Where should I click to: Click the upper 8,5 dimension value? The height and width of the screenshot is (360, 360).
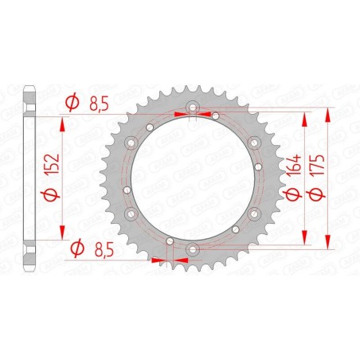click(x=100, y=102)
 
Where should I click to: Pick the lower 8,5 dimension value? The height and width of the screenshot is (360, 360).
click(x=100, y=248)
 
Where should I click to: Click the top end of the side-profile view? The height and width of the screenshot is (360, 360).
click(x=30, y=84)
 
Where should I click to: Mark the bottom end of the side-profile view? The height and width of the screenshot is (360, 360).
click(x=30, y=272)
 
